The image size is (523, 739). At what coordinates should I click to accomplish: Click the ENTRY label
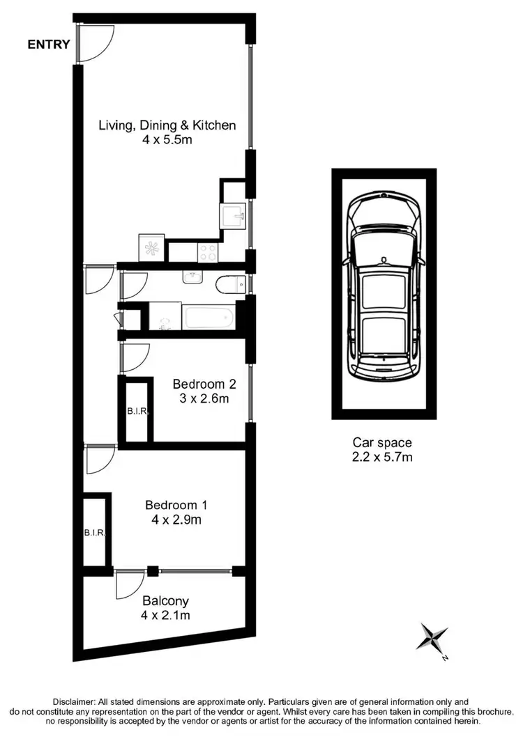click(x=49, y=45)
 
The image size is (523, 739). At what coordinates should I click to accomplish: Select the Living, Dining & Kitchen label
click(x=167, y=126)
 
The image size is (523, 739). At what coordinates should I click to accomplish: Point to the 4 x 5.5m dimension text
click(x=167, y=140)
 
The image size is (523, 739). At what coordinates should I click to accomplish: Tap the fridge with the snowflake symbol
click(x=151, y=248)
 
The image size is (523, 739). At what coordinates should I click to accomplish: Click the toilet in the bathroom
click(x=230, y=284)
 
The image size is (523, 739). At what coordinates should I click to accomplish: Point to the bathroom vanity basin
click(x=192, y=279)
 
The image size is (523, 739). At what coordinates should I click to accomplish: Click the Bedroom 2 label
click(x=204, y=384)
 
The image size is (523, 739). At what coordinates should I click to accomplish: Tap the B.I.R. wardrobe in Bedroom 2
click(x=137, y=411)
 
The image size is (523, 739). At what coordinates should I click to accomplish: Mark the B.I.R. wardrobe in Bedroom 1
click(x=95, y=533)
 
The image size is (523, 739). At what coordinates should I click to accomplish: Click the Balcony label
click(x=165, y=600)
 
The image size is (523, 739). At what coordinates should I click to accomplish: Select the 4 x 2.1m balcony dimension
click(x=165, y=615)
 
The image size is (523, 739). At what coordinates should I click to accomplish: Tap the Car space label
click(x=381, y=442)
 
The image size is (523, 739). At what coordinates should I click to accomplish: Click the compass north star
click(x=432, y=637)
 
